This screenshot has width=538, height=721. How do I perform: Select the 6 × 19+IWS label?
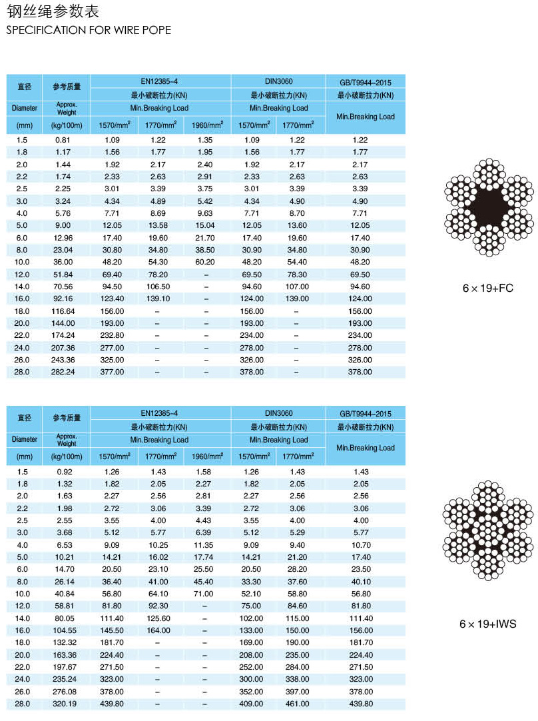pyautogui.click(x=488, y=624)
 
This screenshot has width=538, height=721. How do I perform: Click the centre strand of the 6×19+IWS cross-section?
pyautogui.click(x=489, y=529)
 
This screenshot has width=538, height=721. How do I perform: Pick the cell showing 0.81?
pyautogui.click(x=63, y=140)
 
